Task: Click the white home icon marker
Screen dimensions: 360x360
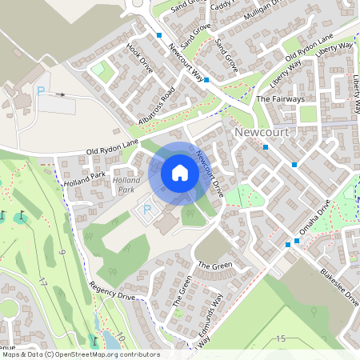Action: tap(180, 173)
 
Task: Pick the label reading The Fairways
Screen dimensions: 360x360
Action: tap(280, 99)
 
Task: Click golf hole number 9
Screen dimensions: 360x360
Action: tap(62, 254)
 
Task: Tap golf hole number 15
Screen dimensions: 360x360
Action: tap(280, 339)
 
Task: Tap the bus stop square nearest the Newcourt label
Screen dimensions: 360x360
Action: tap(266, 146)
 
